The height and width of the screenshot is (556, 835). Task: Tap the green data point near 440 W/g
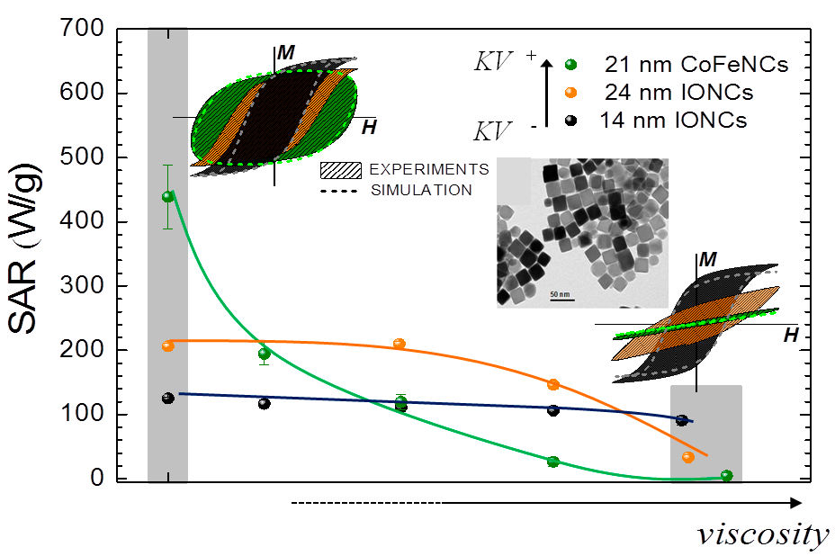click(x=167, y=196)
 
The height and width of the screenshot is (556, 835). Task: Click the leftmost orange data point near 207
click(x=167, y=345)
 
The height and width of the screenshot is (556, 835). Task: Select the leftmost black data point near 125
click(x=167, y=398)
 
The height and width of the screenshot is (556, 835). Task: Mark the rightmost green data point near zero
click(x=726, y=475)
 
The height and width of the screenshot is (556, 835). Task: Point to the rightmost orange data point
click(x=688, y=457)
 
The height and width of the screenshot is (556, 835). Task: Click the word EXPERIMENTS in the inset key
click(x=429, y=169)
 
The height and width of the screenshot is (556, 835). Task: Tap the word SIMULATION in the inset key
click(x=421, y=190)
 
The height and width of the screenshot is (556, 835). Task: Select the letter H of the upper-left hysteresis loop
click(x=369, y=128)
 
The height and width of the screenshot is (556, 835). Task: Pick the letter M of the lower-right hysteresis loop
click(x=708, y=259)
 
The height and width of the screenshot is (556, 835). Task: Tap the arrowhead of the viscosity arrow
click(x=795, y=503)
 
